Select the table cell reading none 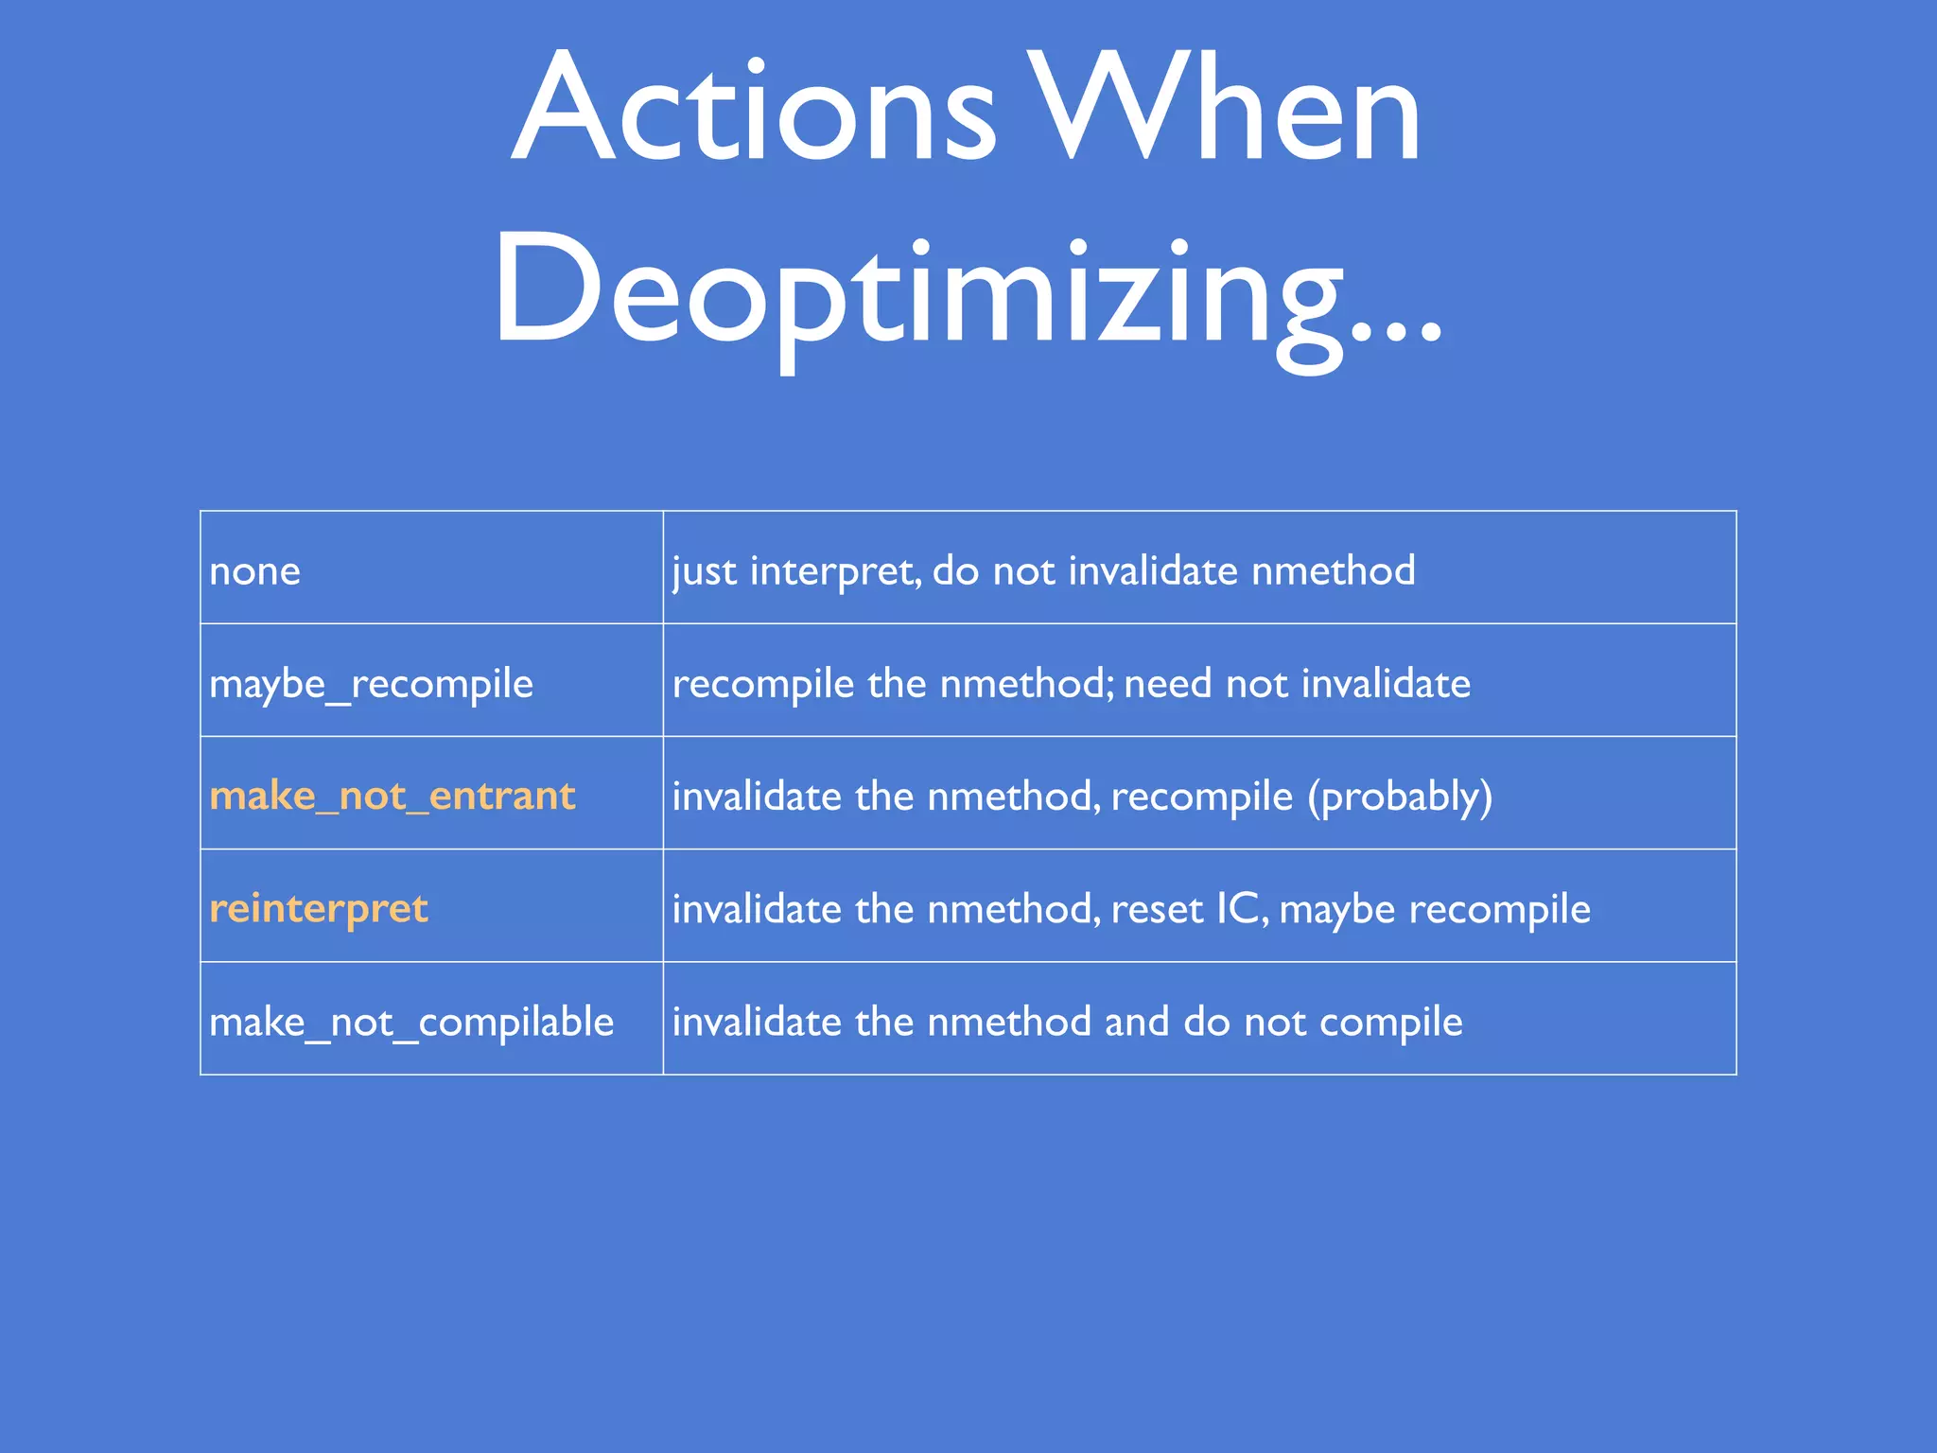(255, 571)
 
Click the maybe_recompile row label (371, 684)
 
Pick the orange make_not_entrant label (392, 797)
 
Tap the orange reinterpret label (319, 909)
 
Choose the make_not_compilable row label (411, 1023)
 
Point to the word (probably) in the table (1400, 797)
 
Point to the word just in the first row (704, 571)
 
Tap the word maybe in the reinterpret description (1336, 909)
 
